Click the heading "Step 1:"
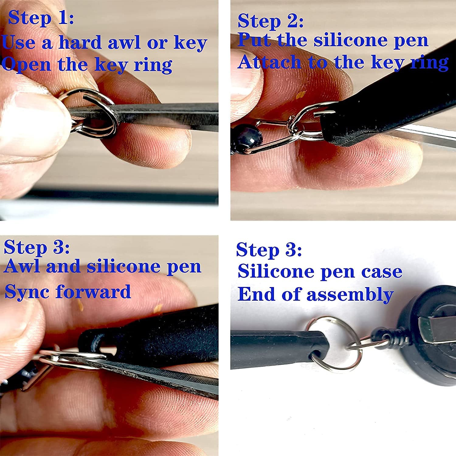[41, 18]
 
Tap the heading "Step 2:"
[270, 21]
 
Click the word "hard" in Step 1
[80, 43]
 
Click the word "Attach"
[269, 62]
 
